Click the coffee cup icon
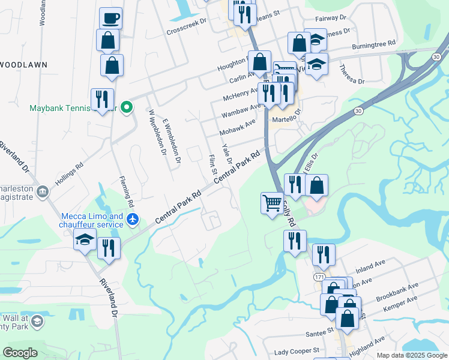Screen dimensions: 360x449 tap(110, 18)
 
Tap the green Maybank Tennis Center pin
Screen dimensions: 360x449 tap(127, 107)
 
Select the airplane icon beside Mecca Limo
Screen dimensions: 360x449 tap(134, 221)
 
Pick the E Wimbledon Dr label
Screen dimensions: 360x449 tap(172, 140)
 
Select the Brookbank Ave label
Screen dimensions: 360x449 tap(397, 292)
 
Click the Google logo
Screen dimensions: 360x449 tap(20, 353)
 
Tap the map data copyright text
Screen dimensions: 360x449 tap(411, 355)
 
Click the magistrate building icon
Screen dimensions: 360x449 tap(43, 191)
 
